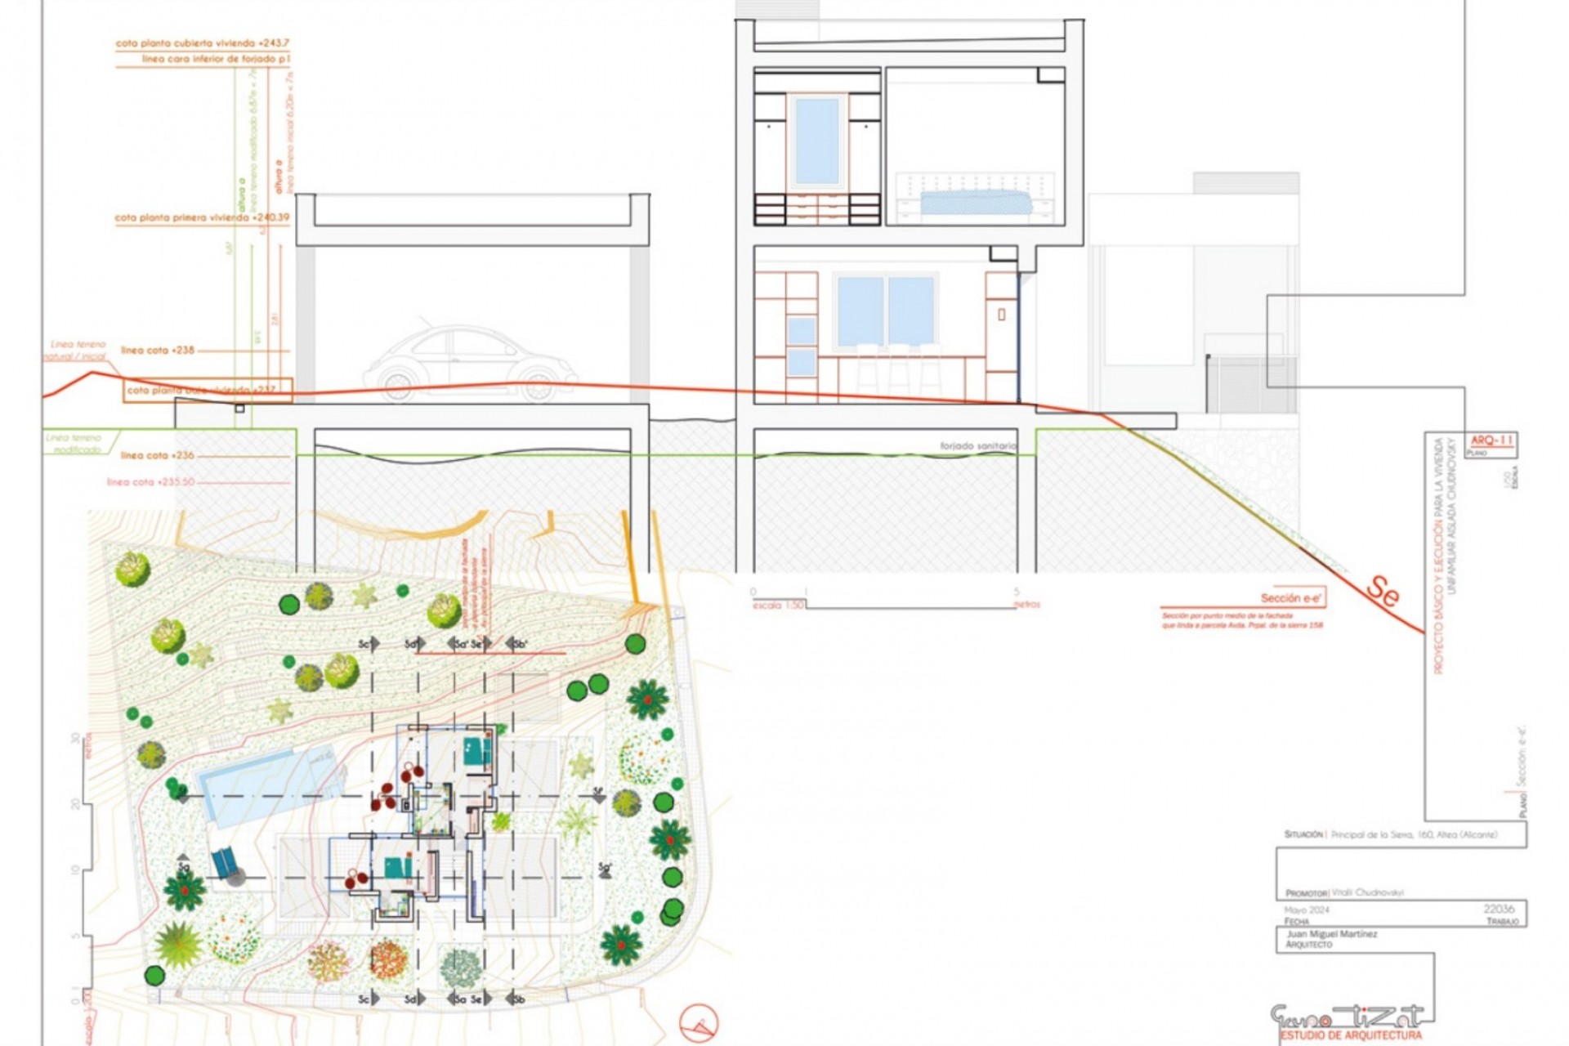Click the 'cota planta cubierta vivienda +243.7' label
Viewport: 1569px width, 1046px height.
click(202, 43)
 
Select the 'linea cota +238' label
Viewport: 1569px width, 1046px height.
click(158, 350)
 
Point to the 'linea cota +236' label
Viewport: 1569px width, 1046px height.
click(158, 455)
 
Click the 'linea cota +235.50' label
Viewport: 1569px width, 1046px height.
click(151, 482)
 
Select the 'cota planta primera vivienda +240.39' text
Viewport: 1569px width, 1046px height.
click(202, 218)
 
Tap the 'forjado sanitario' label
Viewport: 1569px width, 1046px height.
click(977, 446)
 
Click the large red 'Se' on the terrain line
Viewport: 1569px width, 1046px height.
click(1383, 590)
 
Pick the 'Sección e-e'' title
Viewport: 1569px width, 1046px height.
click(1291, 598)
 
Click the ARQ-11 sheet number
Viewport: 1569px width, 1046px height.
click(1492, 440)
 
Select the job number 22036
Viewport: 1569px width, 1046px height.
click(1499, 909)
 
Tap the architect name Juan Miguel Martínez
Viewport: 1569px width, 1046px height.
click(1331, 933)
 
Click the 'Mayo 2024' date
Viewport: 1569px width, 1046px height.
click(1307, 910)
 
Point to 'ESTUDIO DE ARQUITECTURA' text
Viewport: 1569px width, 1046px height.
click(1351, 1035)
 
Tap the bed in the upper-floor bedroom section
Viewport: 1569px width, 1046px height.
click(972, 201)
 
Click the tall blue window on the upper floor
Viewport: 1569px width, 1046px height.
click(816, 141)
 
